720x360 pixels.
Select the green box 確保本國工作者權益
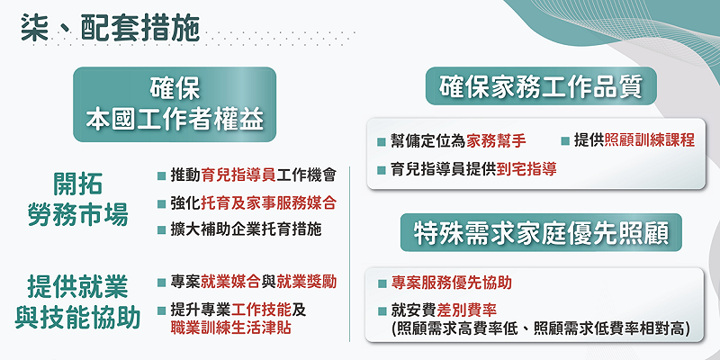pyautogui.click(x=175, y=104)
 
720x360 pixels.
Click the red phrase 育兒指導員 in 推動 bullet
pyautogui.click(x=226, y=175)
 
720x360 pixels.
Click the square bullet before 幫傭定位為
pyautogui.click(x=382, y=142)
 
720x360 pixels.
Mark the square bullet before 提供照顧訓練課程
pyautogui.click(x=565, y=142)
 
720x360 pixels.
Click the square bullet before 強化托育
pyautogui.click(x=161, y=202)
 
